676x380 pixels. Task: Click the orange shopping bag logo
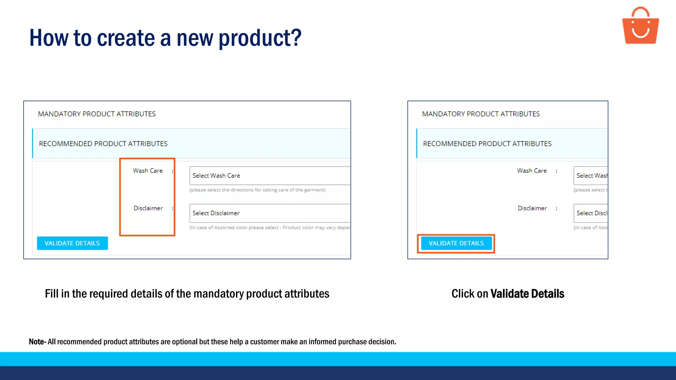[640, 26]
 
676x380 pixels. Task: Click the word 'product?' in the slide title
[260, 38]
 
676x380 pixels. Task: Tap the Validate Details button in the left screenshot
[72, 243]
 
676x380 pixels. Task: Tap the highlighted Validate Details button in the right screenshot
[456, 243]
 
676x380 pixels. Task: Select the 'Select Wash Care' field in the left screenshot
[269, 175]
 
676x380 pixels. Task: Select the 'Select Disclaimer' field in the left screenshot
[269, 213]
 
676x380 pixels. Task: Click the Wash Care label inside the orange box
[148, 171]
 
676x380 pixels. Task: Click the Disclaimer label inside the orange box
[148, 208]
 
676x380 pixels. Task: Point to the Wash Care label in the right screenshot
[532, 171]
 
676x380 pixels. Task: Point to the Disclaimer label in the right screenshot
[532, 208]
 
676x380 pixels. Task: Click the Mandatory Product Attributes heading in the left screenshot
[97, 114]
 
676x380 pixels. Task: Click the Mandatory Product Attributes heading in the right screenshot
[481, 114]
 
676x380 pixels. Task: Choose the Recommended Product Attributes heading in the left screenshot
[103, 143]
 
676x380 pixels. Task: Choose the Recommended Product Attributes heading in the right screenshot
[487, 143]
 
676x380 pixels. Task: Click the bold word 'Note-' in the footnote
[37, 342]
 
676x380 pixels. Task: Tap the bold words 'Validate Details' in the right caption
[527, 294]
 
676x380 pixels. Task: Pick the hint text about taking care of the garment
[257, 190]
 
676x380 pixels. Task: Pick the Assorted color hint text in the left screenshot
[269, 228]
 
